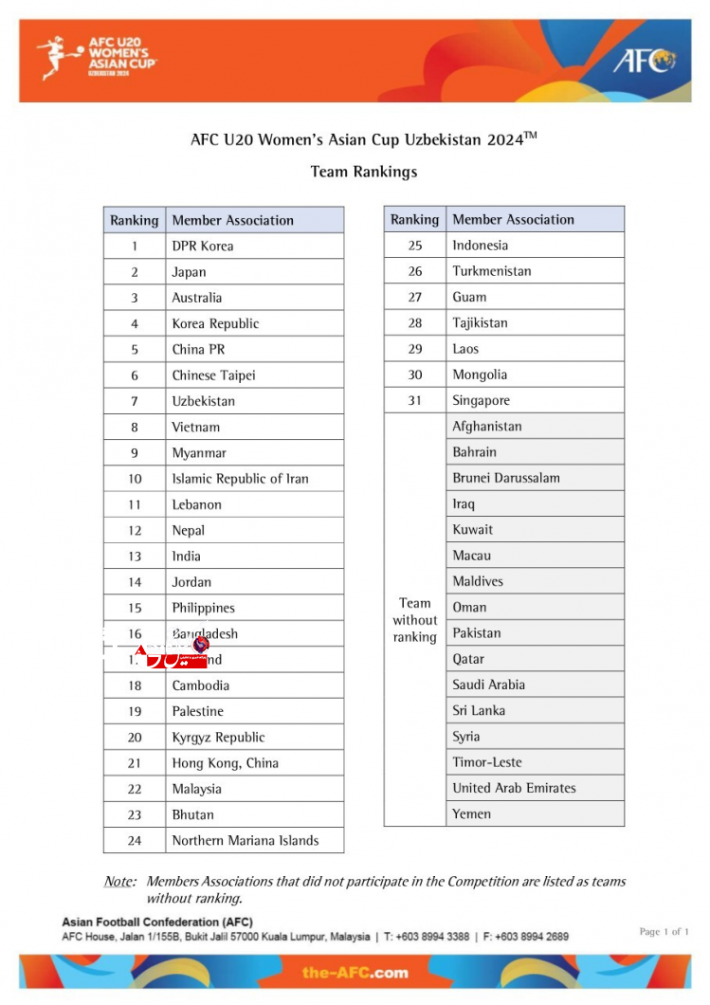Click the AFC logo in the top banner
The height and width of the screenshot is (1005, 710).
[644, 61]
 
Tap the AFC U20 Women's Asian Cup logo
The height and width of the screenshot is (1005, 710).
[97, 56]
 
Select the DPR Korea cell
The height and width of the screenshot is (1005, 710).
[203, 246]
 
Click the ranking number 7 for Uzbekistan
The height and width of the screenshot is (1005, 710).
[135, 401]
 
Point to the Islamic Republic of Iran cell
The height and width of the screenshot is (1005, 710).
[240, 479]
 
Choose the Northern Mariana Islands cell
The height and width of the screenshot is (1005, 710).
[245, 840]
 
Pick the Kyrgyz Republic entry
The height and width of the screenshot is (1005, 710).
[218, 737]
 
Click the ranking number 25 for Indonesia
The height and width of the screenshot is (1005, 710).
[414, 245]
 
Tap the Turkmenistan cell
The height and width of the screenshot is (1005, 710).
[492, 271]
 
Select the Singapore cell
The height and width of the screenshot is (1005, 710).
[481, 400]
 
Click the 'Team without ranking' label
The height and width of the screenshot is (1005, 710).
[414, 620]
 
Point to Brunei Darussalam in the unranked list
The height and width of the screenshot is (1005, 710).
[506, 478]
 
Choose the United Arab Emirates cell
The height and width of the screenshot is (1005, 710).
[514, 788]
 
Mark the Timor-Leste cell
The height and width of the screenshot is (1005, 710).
[487, 762]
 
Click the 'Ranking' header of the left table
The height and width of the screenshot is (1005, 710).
[135, 220]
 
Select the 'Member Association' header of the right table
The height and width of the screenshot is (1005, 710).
[513, 219]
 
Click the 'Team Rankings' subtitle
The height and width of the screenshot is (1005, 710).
[364, 172]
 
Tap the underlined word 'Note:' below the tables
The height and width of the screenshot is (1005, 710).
[119, 882]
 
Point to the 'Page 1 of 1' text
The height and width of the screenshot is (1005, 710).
[664, 931]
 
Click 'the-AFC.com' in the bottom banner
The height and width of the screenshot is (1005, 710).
[355, 972]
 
